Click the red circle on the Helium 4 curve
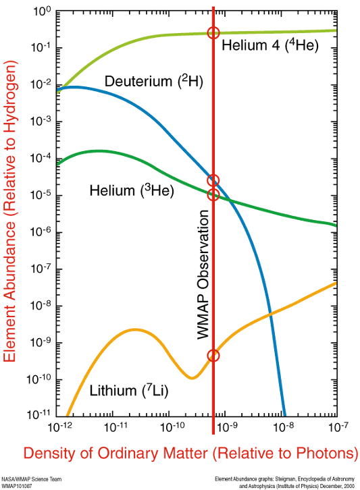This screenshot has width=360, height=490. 213,33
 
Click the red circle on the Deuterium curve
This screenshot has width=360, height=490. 213,180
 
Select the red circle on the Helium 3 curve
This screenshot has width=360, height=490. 213,195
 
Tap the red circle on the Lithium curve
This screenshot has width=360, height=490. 213,356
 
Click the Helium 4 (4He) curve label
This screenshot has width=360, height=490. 269,46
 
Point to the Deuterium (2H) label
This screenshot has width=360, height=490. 154,82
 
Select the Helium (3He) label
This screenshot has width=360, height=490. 132,191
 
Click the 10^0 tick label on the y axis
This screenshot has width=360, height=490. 41,12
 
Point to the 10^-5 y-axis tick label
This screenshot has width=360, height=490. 40,196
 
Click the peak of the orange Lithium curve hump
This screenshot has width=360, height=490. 134,329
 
